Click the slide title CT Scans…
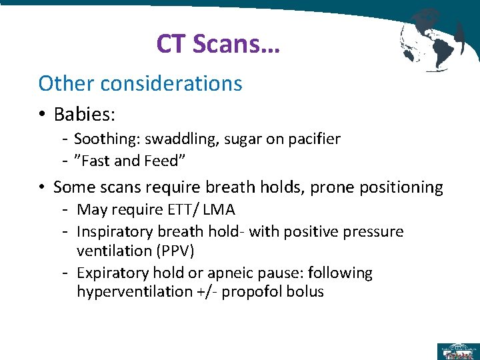click(218, 44)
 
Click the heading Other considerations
click(140, 83)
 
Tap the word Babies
click(84, 114)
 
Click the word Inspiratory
click(115, 231)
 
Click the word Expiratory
click(113, 273)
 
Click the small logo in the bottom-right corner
click(457, 351)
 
